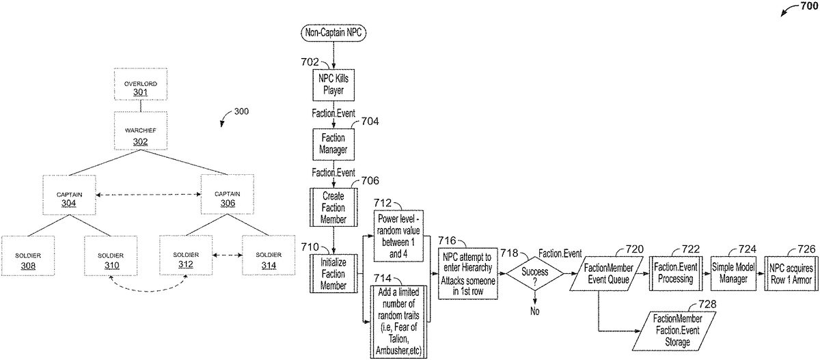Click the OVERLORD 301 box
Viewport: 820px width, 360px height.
140,87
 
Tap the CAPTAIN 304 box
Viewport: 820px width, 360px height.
68,195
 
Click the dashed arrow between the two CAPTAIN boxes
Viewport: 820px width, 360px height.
148,195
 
